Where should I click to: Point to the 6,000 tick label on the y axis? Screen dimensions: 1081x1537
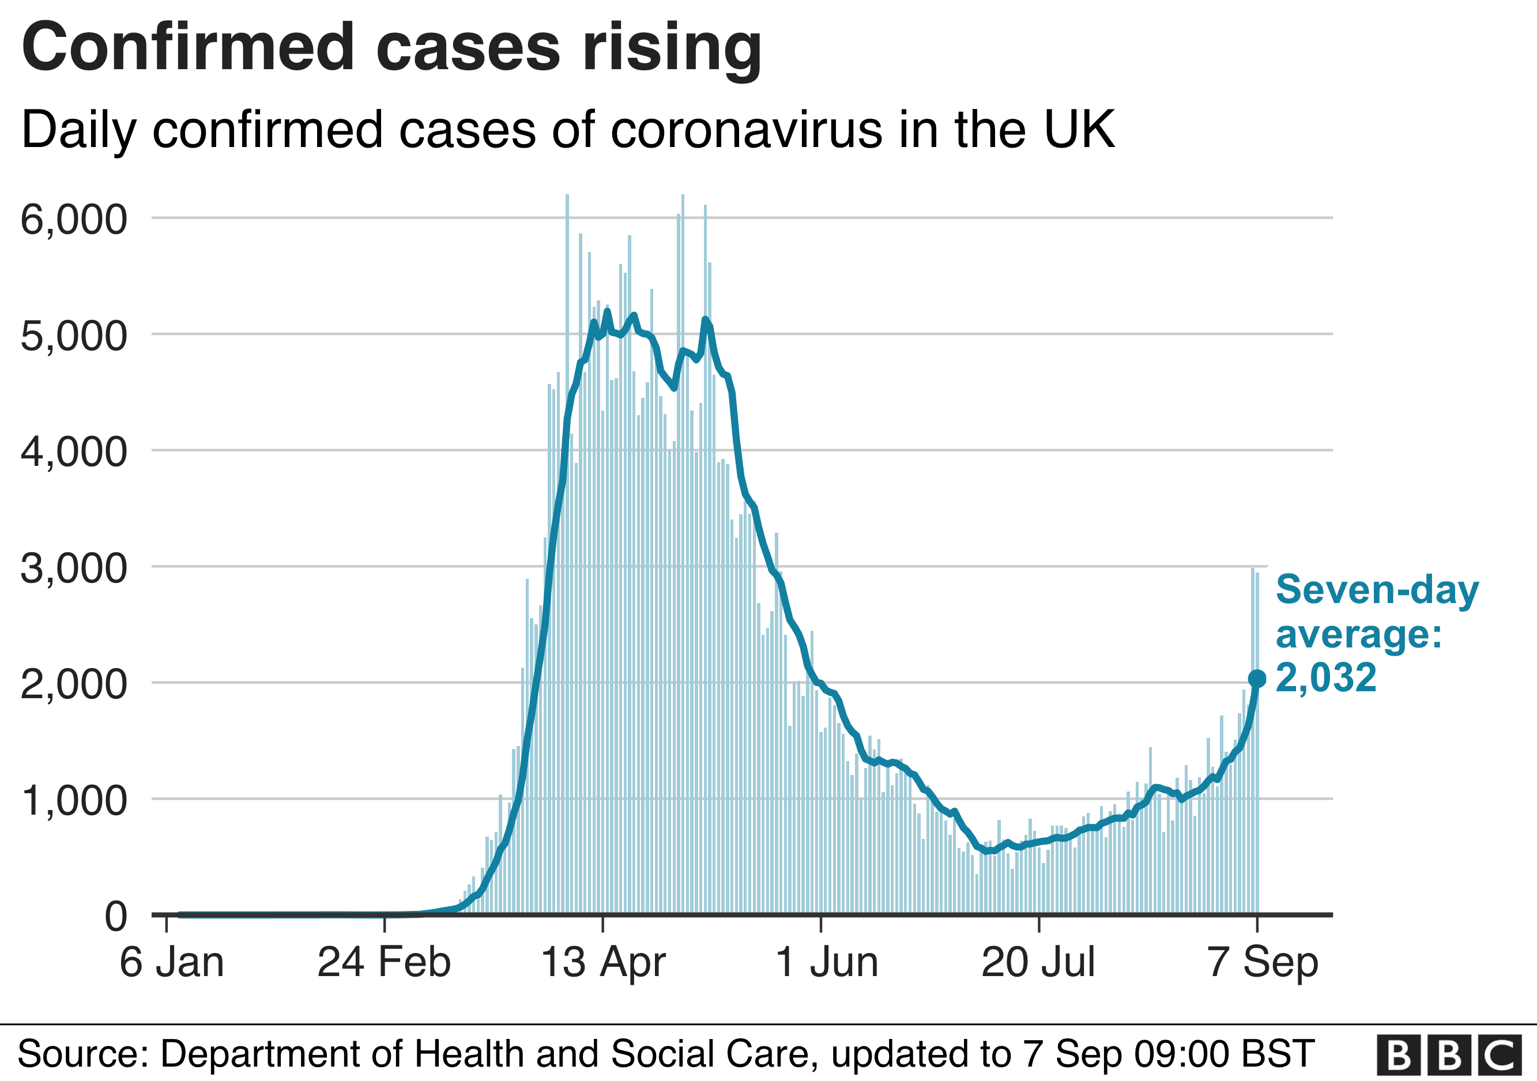[x=74, y=219]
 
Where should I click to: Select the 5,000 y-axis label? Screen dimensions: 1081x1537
[x=74, y=336]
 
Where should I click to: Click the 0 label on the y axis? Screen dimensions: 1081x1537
[x=116, y=916]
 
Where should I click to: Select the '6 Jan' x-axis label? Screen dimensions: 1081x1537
[x=171, y=963]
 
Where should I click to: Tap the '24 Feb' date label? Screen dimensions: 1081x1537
[x=383, y=963]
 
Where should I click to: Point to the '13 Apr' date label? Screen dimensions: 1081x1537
[x=602, y=963]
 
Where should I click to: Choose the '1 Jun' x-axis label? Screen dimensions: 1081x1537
[x=826, y=963]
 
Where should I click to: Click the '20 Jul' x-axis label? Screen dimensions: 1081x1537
[x=1038, y=963]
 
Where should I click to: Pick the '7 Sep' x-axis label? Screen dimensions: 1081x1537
[x=1263, y=963]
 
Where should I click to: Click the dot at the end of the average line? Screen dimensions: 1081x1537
[x=1257, y=679]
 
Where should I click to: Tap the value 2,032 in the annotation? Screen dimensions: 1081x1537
[x=1325, y=677]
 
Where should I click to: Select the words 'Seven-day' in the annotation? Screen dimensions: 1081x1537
[x=1377, y=590]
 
